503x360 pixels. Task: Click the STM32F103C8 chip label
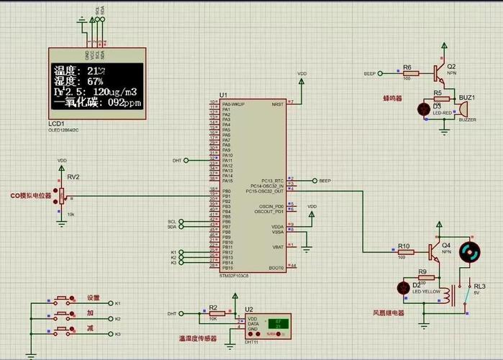point(234,276)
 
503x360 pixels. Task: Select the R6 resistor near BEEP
point(407,73)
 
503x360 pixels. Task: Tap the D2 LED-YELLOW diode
point(404,287)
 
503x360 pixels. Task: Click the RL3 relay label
point(479,286)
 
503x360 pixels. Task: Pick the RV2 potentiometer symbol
point(62,194)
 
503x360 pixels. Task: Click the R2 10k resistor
point(212,314)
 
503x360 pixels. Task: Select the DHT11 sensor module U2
point(268,325)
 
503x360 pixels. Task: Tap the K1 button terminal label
point(118,302)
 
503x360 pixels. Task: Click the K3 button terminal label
point(118,334)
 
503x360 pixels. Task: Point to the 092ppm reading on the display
point(124,103)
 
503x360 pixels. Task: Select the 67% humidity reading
point(96,81)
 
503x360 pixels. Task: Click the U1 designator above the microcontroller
point(223,95)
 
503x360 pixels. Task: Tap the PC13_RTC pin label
point(272,180)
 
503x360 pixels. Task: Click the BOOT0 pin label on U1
point(276,267)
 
